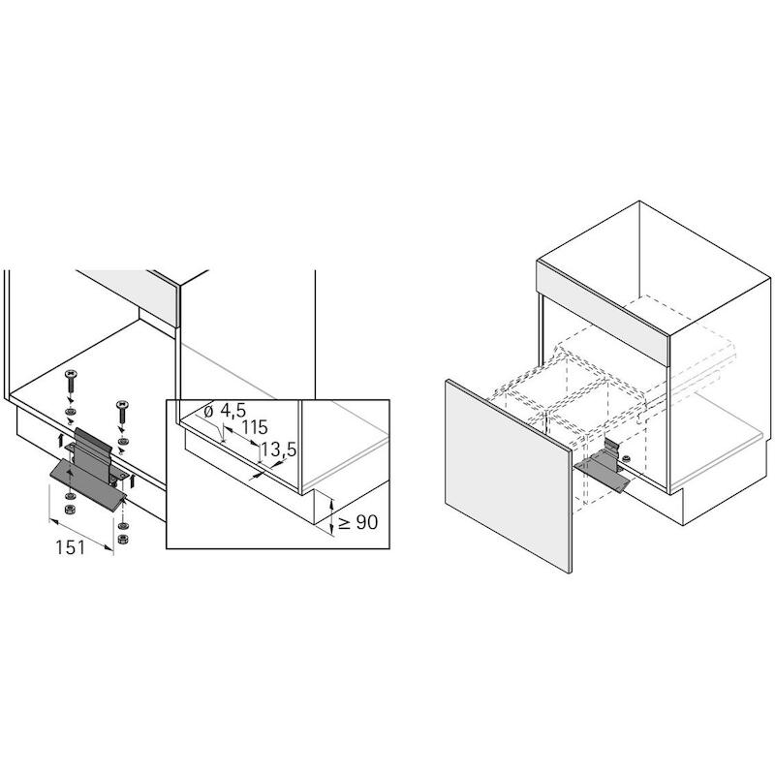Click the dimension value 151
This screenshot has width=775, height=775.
click(x=70, y=547)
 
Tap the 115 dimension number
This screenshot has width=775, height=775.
click(x=254, y=427)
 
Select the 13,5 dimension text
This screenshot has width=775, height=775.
click(x=279, y=449)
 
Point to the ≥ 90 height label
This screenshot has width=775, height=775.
click(x=358, y=522)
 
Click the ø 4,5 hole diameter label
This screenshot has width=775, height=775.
click(x=225, y=410)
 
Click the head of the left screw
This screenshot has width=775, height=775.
click(x=70, y=374)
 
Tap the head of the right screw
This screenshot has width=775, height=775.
click(x=122, y=404)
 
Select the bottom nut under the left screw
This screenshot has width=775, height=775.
click(x=69, y=510)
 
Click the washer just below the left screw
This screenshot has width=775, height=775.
click(x=71, y=411)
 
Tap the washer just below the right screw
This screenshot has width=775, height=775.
click(x=122, y=441)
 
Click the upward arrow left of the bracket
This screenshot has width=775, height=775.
click(x=61, y=440)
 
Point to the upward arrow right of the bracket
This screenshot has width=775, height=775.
click(x=133, y=480)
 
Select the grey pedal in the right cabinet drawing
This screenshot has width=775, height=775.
click(x=602, y=472)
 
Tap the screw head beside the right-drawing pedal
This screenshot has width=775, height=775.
click(x=627, y=459)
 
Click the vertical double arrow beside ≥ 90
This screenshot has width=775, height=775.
click(x=332, y=517)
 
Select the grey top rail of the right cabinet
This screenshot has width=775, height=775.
click(x=603, y=312)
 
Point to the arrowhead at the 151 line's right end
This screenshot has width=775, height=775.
click(x=109, y=546)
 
